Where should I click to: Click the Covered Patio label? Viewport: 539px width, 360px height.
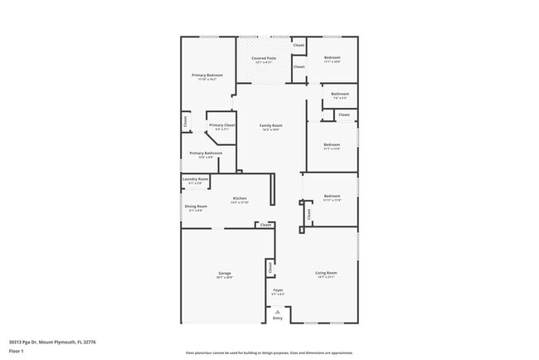264,58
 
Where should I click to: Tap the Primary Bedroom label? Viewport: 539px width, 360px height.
207,75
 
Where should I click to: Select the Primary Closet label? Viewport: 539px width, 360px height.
222,125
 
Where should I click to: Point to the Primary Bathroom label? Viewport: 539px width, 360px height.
206,153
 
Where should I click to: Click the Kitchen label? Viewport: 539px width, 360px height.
240,198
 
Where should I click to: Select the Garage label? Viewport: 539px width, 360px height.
224,273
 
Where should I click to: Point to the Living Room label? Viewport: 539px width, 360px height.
326,272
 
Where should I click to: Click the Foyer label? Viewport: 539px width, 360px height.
278,290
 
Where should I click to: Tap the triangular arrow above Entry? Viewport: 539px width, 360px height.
278,311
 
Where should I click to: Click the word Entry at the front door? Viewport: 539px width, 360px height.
278,319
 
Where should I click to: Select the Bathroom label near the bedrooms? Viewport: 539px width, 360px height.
340,94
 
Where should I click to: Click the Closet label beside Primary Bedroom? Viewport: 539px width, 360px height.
185,121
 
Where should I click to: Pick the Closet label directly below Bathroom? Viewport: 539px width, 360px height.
343,114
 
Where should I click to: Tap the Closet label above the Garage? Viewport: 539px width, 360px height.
265,225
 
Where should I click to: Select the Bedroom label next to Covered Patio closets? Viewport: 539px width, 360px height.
333,58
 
